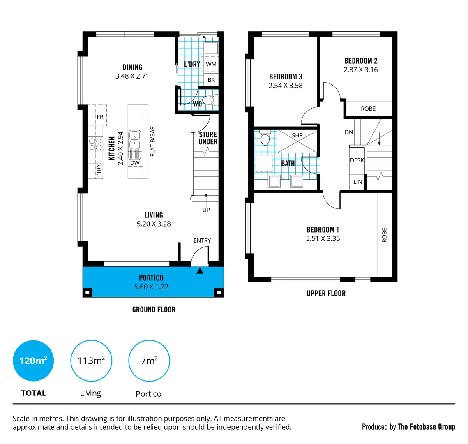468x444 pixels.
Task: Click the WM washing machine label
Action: pyautogui.click(x=211, y=65)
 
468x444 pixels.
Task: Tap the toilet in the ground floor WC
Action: pyautogui.click(x=208, y=100)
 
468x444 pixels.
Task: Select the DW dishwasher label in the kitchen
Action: pyautogui.click(x=135, y=163)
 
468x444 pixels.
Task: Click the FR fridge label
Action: pyautogui.click(x=100, y=117)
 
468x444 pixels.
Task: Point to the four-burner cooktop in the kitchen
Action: pyautogui.click(x=96, y=144)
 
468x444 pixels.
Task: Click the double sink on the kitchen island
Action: pyautogui.click(x=135, y=140)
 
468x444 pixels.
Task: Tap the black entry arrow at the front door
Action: pyautogui.click(x=200, y=271)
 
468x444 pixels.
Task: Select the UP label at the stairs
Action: pyautogui.click(x=206, y=210)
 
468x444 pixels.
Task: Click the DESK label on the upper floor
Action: pyautogui.click(x=357, y=160)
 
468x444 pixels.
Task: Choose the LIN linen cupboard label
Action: pyautogui.click(x=358, y=182)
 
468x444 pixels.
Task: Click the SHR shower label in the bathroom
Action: pyautogui.click(x=297, y=135)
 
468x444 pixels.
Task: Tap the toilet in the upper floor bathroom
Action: pyautogui.click(x=265, y=139)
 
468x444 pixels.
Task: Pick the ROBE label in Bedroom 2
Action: pyautogui.click(x=368, y=109)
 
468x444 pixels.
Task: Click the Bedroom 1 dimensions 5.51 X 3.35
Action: pyautogui.click(x=323, y=239)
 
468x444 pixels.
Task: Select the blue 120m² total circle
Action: pyautogui.click(x=34, y=361)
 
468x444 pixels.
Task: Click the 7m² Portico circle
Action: pyautogui.click(x=149, y=361)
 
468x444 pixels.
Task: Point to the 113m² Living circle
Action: pyautogui.click(x=91, y=361)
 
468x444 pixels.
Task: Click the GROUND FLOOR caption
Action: pyautogui.click(x=154, y=310)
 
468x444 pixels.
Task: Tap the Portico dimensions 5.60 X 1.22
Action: pyautogui.click(x=151, y=287)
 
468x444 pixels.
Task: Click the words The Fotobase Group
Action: pyautogui.click(x=426, y=427)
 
